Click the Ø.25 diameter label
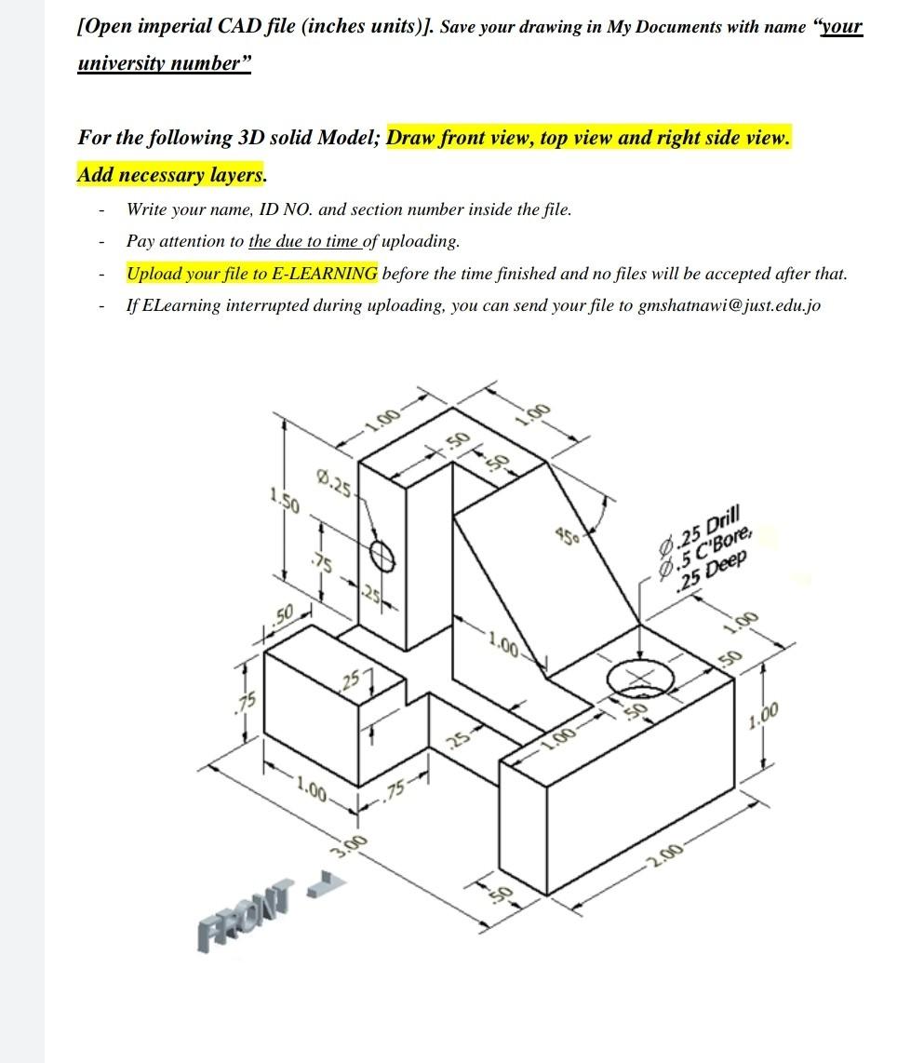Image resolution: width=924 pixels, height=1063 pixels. click(x=333, y=485)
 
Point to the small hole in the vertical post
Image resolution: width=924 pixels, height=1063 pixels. click(x=382, y=556)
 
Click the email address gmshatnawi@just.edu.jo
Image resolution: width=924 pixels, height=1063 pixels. click(x=730, y=305)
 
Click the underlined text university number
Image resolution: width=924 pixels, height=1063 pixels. click(x=163, y=65)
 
